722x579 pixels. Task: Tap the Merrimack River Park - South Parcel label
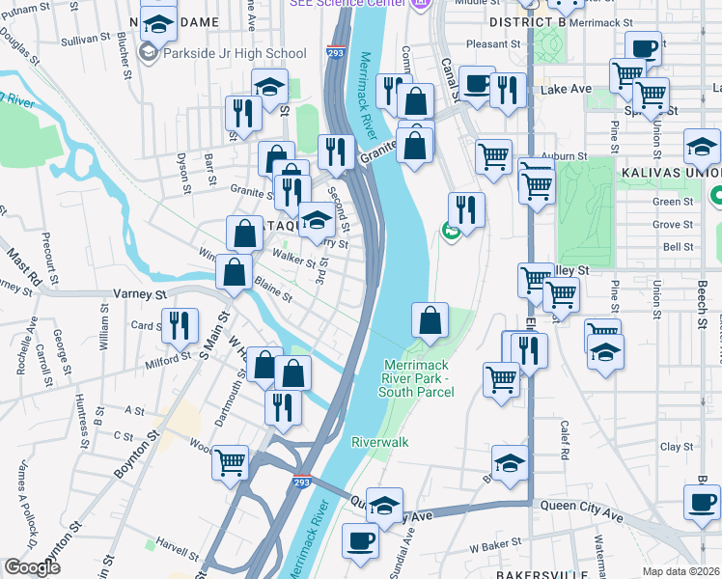point(424,377)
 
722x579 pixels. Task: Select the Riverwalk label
point(380,441)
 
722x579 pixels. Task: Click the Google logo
point(33,567)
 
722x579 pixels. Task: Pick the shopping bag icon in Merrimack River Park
point(430,319)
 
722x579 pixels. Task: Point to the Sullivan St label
point(80,40)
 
